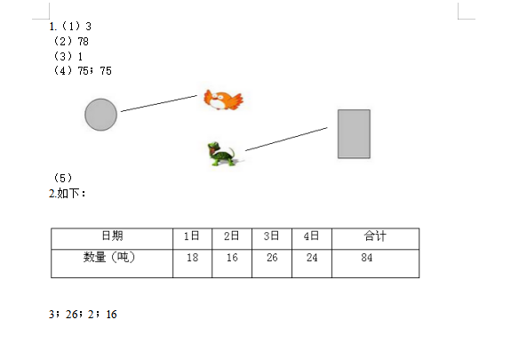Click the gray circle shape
tap(101, 115)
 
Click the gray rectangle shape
tap(354, 134)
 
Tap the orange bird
tap(223, 100)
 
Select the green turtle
tap(221, 154)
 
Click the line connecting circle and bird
tap(159, 103)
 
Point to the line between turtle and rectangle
tap(286, 139)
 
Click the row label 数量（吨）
tap(109, 257)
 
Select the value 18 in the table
tap(192, 258)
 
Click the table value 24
tap(312, 258)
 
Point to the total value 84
tap(367, 258)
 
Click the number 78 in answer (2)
tap(83, 42)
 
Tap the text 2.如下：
tap(68, 194)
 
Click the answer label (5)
tap(63, 178)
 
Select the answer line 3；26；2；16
tap(83, 315)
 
